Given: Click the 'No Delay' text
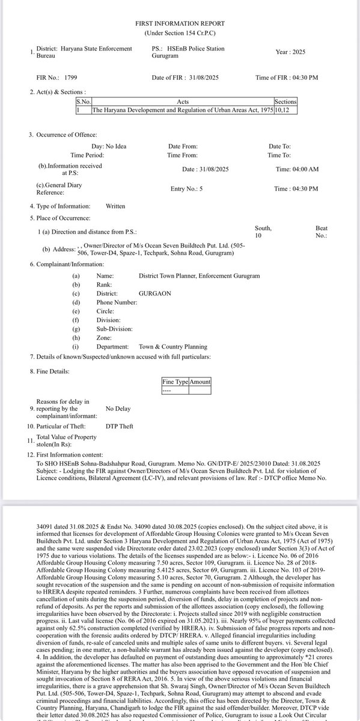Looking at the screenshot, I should pos(118,409).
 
